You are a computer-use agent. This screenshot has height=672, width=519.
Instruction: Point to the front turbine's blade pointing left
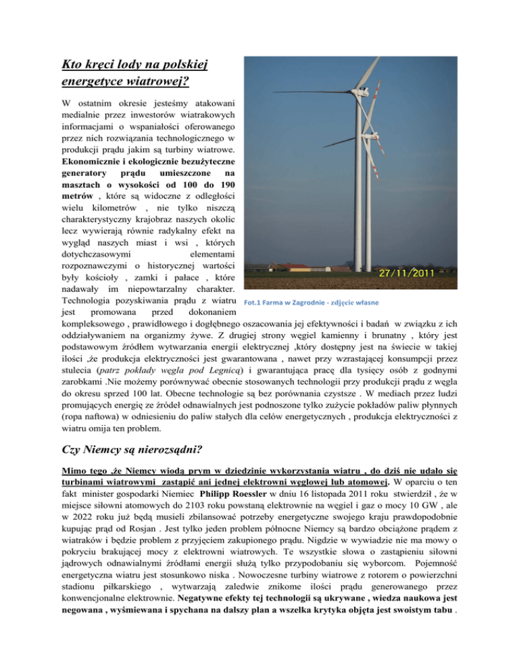[x=311, y=92]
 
